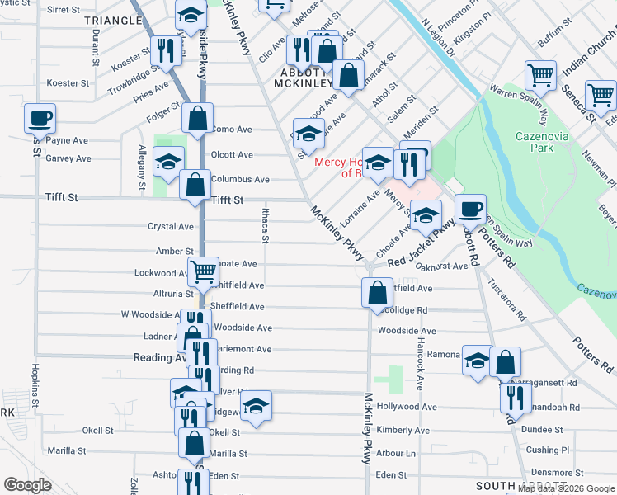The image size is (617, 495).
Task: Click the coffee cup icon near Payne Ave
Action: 40,118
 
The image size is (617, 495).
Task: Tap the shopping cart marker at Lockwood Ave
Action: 202,270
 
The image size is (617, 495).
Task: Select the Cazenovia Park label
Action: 539,142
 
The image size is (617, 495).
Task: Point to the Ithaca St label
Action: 266,227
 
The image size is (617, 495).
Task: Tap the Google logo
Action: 28,485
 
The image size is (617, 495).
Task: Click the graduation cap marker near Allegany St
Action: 168,161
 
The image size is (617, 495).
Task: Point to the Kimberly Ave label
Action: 403,431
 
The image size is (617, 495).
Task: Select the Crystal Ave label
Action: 171,227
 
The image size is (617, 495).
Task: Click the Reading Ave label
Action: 160,358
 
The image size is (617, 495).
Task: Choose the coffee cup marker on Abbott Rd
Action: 470,209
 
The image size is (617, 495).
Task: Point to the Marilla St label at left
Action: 67,451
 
